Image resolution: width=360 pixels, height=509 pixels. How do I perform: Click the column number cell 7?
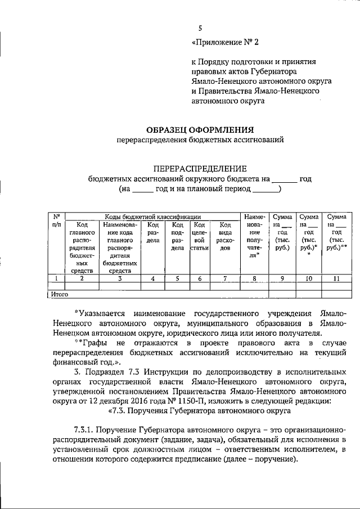224,278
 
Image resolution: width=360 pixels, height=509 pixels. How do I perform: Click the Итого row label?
59,294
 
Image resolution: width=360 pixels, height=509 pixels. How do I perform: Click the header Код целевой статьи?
200,240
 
